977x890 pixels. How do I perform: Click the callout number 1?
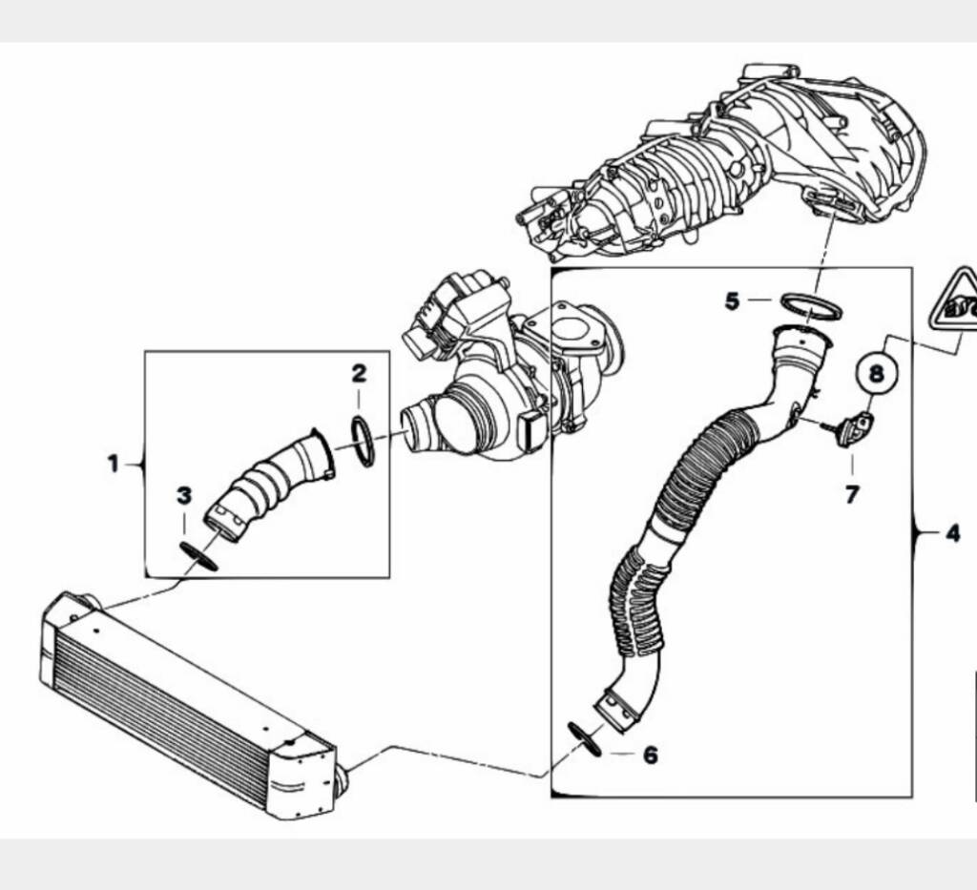(113, 464)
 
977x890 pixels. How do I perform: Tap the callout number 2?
(359, 374)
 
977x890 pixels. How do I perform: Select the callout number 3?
(184, 496)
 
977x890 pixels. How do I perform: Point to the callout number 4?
(953, 534)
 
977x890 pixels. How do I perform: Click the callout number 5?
(732, 301)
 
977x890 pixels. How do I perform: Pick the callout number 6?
(650, 755)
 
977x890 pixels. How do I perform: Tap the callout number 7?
(852, 494)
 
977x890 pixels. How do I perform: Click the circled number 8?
(877, 374)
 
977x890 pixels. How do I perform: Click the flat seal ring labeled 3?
(198, 555)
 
